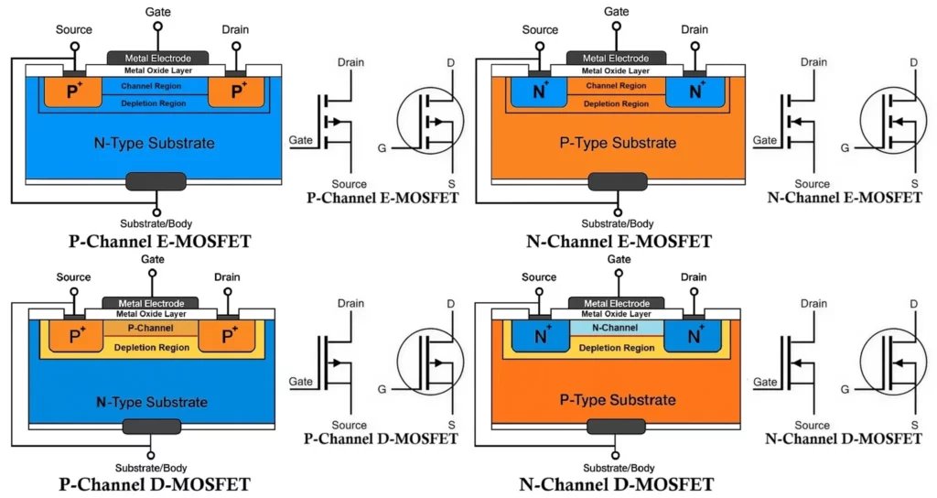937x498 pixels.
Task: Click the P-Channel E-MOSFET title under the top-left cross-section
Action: [x=159, y=242]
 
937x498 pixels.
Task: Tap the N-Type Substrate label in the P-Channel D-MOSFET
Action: [x=151, y=402]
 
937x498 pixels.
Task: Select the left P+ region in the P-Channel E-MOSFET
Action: [x=77, y=91]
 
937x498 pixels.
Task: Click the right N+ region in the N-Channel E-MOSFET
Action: [x=695, y=91]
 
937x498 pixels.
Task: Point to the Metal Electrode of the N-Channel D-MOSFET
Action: [x=615, y=303]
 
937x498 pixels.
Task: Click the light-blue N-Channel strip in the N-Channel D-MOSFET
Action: [x=615, y=327]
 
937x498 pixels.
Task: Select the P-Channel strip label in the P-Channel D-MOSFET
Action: [x=151, y=327]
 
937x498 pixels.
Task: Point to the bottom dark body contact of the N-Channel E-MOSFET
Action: [x=617, y=181]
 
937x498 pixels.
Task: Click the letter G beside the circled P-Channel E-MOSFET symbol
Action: [x=382, y=146]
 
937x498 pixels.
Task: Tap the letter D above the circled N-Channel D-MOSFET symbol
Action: [x=913, y=304]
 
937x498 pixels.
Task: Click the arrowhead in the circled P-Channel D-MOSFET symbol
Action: [x=439, y=363]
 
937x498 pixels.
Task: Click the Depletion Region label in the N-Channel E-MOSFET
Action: [x=615, y=103]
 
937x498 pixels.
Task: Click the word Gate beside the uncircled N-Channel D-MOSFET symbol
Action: [x=764, y=382]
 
